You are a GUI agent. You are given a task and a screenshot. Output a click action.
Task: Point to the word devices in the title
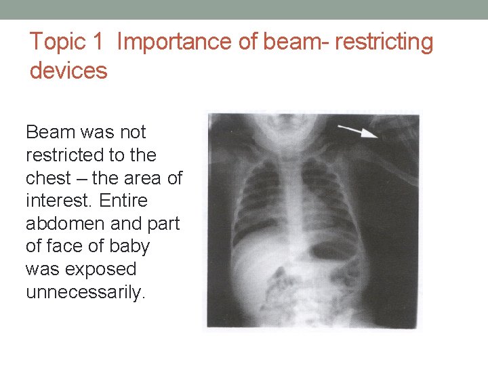coord(68,70)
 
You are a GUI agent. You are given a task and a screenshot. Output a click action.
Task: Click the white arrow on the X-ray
coord(358,131)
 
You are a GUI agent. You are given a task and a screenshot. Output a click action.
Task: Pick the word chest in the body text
coord(48,178)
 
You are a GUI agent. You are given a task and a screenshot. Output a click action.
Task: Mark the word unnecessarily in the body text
coord(85,293)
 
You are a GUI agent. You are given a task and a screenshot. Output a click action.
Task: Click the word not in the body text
coord(131,132)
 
